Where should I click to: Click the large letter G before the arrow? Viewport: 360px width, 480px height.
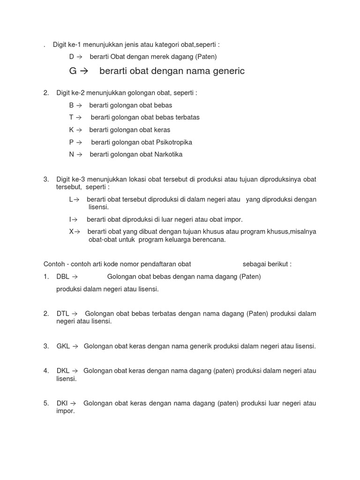tap(73, 72)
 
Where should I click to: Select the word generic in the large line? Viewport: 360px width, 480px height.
tap(226, 72)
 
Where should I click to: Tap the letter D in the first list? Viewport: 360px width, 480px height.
tap(72, 57)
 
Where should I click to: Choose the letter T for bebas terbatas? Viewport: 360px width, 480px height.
tap(71, 117)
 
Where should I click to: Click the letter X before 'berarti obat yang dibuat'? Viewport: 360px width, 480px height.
tap(71, 232)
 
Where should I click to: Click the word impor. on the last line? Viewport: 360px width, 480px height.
tap(66, 411)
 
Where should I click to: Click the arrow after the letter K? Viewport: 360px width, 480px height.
tap(79, 130)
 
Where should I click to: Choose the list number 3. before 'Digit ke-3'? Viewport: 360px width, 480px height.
tap(46, 179)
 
